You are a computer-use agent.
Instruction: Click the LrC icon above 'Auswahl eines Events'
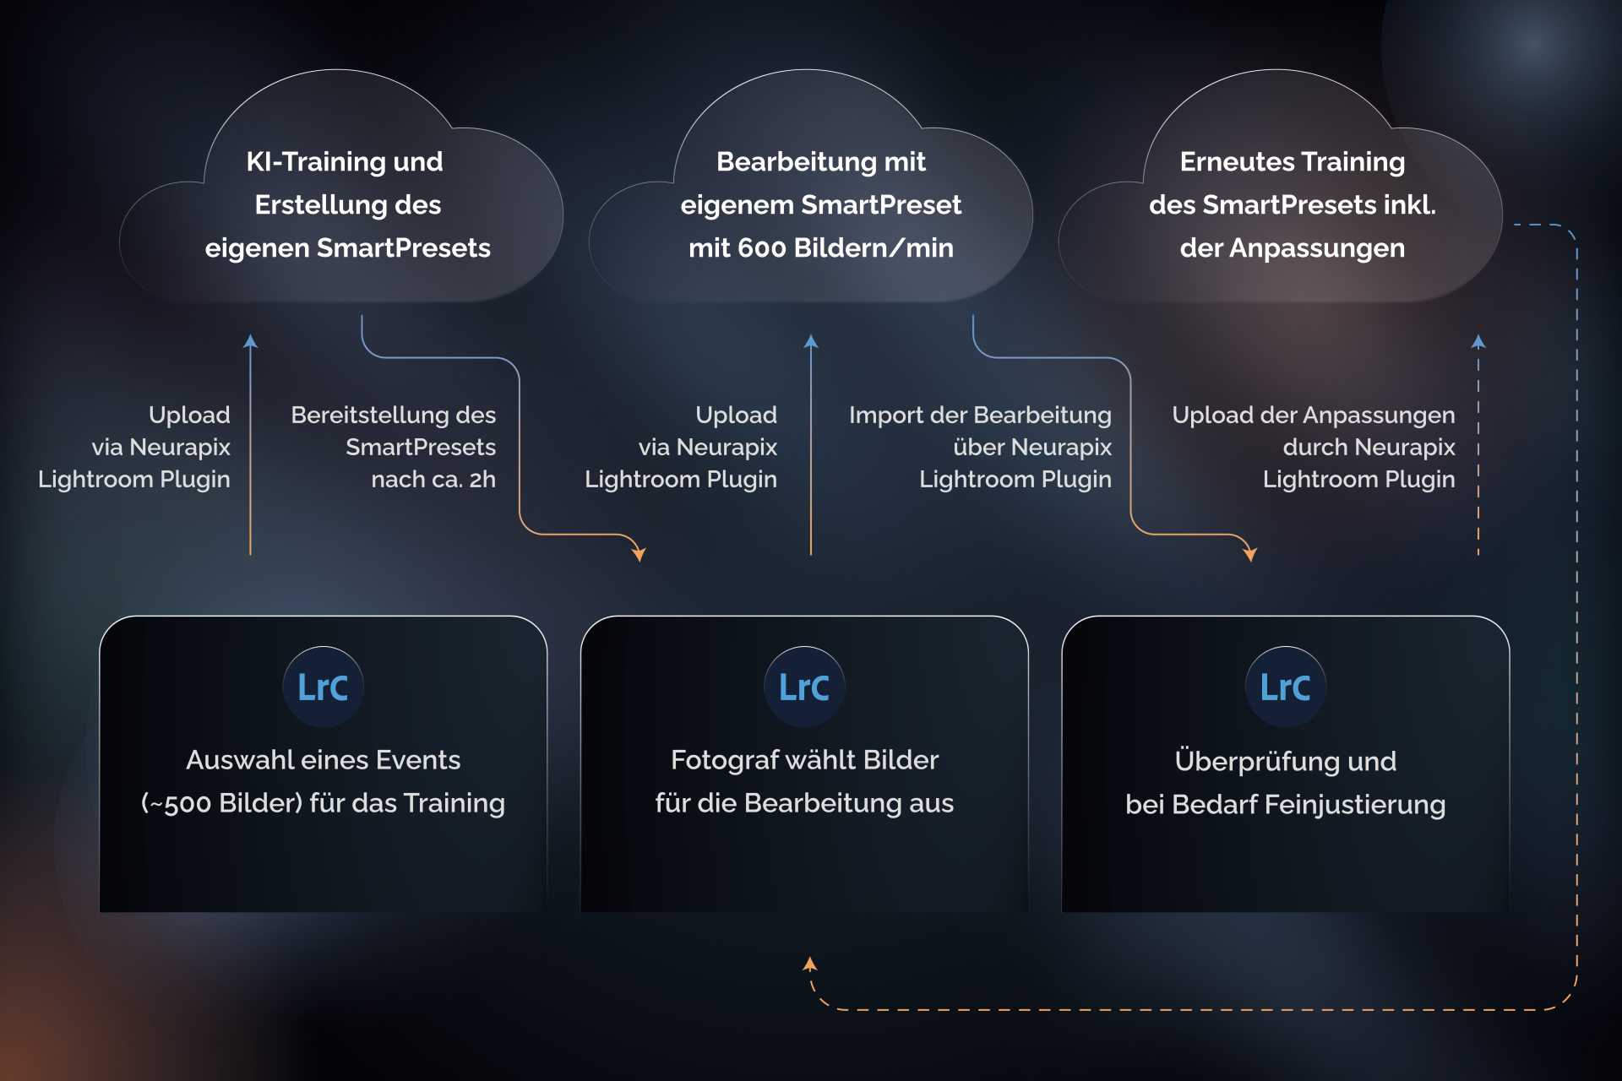click(323, 687)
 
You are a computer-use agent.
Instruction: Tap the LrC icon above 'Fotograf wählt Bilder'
click(804, 687)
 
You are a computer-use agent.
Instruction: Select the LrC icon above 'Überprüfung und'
click(1285, 687)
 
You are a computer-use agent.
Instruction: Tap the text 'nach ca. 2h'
click(433, 479)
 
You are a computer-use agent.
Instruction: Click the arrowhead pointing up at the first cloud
click(250, 341)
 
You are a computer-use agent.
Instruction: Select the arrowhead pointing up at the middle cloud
click(811, 341)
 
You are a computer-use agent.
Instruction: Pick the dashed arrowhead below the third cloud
click(1478, 341)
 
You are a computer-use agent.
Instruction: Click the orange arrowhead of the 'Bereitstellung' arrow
click(639, 554)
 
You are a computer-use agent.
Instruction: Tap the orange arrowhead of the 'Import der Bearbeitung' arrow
click(1250, 554)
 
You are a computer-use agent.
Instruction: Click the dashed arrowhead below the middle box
click(810, 964)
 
